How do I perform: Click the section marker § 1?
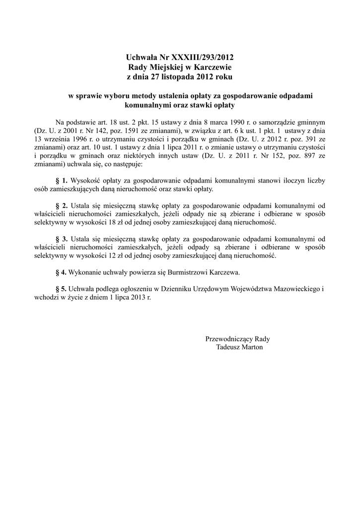(62, 181)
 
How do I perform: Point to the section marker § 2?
(62, 205)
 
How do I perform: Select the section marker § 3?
(62, 239)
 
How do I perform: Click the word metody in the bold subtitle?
(142, 96)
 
